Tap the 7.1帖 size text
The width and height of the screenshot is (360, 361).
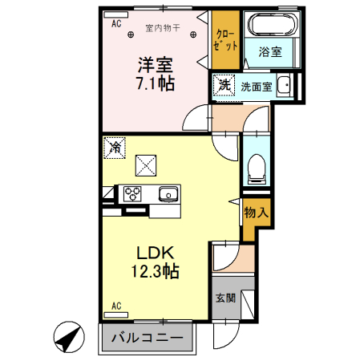tap(153, 83)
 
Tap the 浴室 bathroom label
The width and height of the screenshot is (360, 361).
tap(269, 51)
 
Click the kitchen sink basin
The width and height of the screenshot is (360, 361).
tap(169, 193)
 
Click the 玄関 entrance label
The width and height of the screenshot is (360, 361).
tap(224, 298)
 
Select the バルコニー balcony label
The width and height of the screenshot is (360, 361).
tap(147, 336)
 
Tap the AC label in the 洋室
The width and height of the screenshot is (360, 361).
tap(115, 24)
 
